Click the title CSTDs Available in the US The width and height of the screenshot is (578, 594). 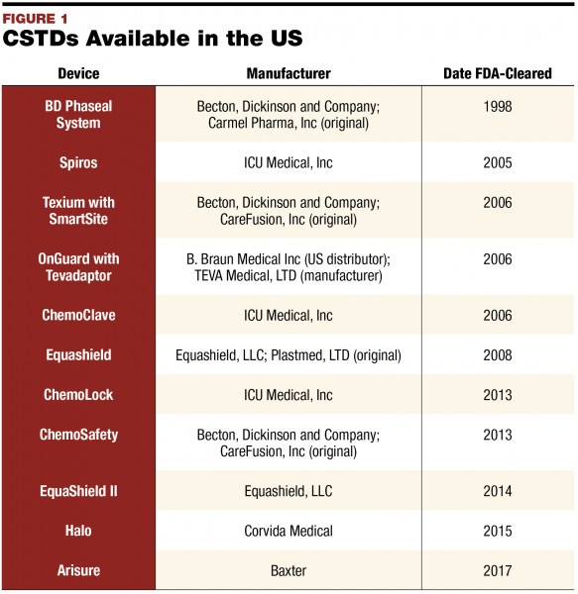point(153,40)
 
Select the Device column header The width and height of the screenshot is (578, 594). point(78,74)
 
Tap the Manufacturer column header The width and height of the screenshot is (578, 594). point(288,74)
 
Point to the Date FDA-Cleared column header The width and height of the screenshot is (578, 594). point(497,74)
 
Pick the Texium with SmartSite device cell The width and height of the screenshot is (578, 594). point(78,211)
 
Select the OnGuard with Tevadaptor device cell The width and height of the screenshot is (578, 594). point(78,267)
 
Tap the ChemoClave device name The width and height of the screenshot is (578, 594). point(78,316)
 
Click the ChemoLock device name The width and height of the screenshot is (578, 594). point(78,395)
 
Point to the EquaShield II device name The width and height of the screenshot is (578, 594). point(78,489)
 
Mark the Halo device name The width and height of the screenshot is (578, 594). point(78,531)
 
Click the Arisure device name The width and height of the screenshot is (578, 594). point(78,570)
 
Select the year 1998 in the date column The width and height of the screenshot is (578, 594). point(497,107)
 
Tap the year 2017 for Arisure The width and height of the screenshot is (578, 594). point(497,570)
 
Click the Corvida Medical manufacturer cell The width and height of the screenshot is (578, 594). point(288,531)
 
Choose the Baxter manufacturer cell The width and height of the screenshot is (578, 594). point(288,570)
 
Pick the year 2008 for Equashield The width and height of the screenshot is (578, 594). point(497,354)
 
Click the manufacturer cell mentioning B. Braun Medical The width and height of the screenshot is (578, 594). point(288,267)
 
